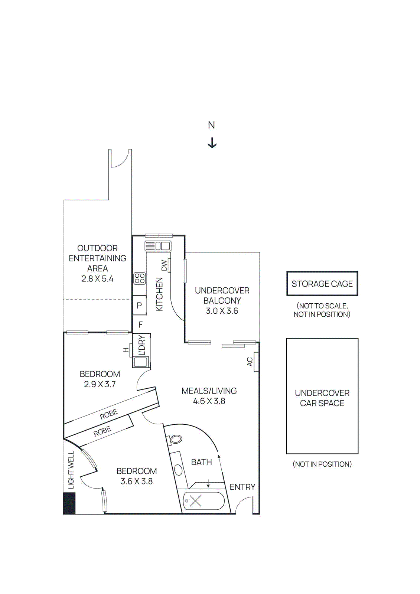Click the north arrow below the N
click(x=212, y=143)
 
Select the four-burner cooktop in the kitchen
click(x=140, y=278)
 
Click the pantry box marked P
click(x=139, y=305)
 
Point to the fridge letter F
click(x=140, y=324)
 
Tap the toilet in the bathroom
click(x=175, y=440)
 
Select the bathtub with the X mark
click(x=204, y=501)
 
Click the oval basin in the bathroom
click(x=179, y=470)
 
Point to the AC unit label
click(x=250, y=362)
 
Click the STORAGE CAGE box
click(x=322, y=284)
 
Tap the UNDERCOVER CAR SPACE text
click(x=322, y=398)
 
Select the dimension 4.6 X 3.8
click(x=209, y=401)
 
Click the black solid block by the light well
click(x=69, y=503)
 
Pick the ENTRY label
click(x=242, y=487)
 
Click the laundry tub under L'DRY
click(x=141, y=362)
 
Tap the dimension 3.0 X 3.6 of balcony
click(x=222, y=311)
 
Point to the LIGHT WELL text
click(x=71, y=470)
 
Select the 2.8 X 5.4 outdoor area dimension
click(x=97, y=278)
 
